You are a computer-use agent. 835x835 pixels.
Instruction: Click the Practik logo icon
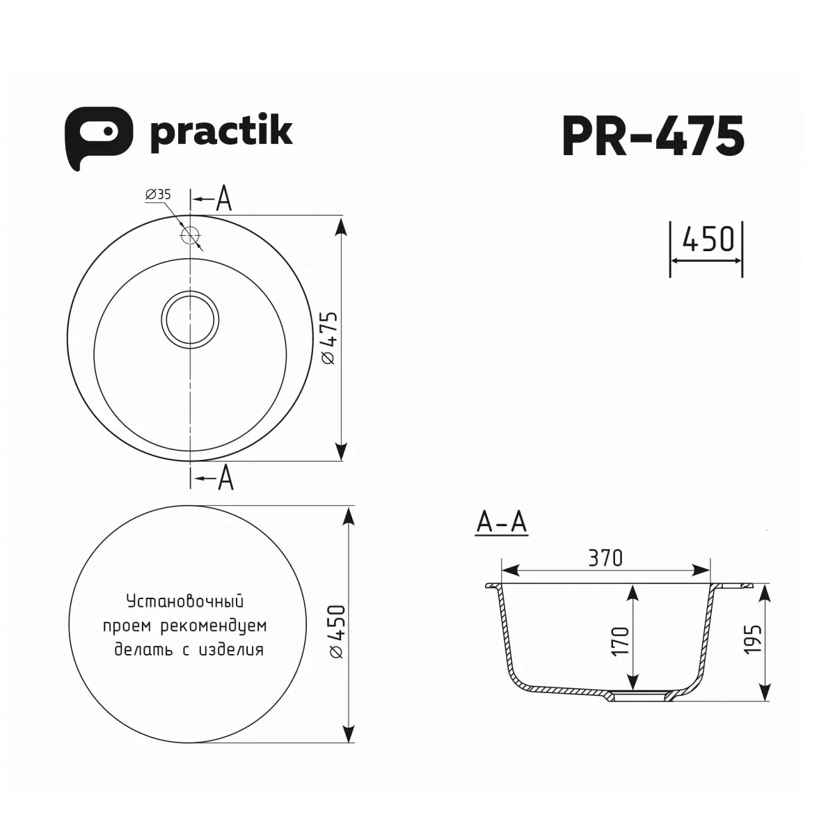98,136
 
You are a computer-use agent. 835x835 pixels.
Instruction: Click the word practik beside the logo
221,132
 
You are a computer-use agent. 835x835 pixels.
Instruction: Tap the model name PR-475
653,136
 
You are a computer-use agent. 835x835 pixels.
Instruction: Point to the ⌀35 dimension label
158,196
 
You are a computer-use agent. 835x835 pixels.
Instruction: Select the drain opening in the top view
190,319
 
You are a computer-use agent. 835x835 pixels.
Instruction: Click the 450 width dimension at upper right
708,239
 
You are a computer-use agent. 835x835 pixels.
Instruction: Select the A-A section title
502,523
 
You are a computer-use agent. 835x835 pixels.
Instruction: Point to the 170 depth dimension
621,640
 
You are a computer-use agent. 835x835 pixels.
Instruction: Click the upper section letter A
223,199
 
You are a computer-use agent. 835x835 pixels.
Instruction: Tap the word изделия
230,651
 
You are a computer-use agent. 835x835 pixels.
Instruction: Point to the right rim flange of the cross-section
734,586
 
